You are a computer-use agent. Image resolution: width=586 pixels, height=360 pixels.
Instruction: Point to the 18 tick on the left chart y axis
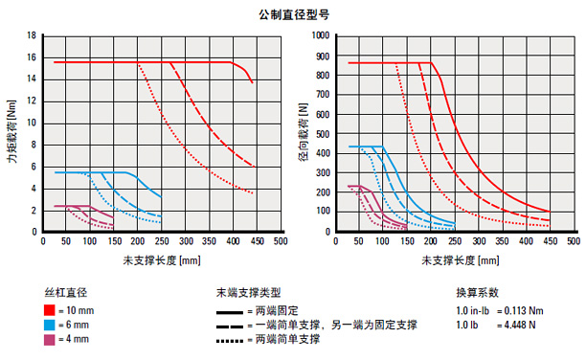coord(32,35)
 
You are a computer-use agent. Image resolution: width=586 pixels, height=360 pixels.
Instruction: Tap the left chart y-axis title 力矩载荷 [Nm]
coord(11,133)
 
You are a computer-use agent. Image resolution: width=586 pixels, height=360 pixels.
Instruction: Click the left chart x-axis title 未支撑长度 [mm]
coord(162,260)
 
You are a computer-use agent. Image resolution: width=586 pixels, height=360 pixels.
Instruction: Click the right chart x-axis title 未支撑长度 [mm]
coord(454,260)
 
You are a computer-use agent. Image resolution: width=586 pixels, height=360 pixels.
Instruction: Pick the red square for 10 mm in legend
coord(48,310)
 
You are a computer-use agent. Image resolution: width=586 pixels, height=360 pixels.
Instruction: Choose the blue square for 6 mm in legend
coord(48,326)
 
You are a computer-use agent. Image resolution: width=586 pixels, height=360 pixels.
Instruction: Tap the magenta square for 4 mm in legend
coord(48,341)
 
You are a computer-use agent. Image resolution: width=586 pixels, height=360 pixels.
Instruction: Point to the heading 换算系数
coord(475,291)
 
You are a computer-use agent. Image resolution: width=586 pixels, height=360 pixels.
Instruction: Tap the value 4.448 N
coord(522,326)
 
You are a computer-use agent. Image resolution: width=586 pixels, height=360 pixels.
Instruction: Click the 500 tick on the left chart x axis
coord(281,242)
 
